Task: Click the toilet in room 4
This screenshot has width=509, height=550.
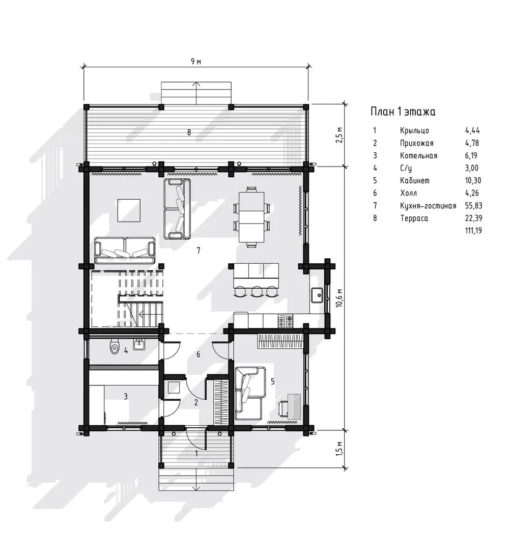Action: point(115,347)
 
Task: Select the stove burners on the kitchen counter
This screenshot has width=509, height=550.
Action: point(286,321)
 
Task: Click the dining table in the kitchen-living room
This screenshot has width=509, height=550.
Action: point(251,217)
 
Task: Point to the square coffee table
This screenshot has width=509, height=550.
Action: point(129,210)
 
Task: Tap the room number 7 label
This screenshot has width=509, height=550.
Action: point(199,251)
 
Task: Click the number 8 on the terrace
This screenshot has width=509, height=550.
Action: point(189,132)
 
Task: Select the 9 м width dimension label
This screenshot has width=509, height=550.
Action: point(196,62)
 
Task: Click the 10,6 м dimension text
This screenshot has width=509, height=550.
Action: point(338,298)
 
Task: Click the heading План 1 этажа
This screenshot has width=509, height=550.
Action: point(403,112)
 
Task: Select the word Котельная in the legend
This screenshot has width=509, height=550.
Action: point(418,155)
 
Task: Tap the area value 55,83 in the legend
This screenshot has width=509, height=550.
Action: point(473,206)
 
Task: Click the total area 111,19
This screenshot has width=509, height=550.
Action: point(473,231)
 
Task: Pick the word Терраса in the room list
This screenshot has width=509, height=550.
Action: point(414,218)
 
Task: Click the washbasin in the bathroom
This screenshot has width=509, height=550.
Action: point(139,344)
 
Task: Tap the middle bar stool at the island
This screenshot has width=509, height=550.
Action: point(258,291)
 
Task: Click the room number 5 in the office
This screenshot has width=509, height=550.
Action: point(273,381)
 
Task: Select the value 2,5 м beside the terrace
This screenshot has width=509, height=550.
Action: point(338,135)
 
